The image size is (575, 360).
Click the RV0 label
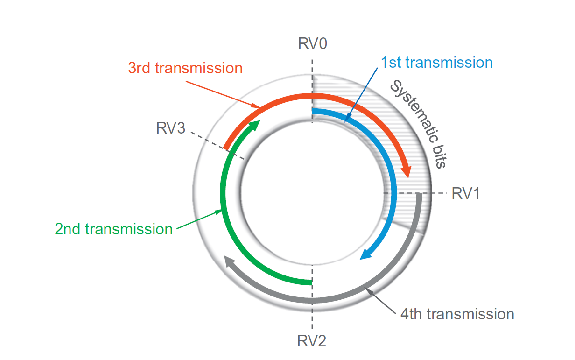click(312, 44)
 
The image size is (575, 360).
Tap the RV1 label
click(465, 194)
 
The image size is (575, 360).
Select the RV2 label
click(312, 341)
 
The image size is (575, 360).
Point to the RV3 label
click(171, 128)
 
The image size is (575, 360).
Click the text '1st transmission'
click(436, 63)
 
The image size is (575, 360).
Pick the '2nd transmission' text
click(113, 229)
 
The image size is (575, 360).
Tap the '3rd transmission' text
click(185, 68)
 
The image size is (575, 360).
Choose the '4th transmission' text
click(457, 314)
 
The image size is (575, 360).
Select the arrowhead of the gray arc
click(229, 261)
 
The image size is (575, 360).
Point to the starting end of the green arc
click(310, 282)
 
